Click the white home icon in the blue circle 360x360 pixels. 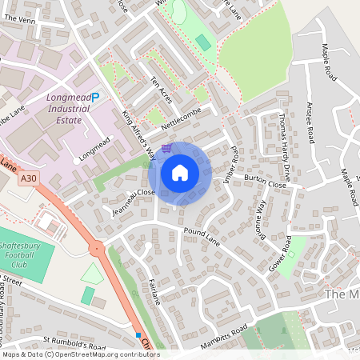click(x=180, y=172)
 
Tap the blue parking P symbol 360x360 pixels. click(x=95, y=98)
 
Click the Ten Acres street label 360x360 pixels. click(x=162, y=90)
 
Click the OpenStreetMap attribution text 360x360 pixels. click(x=80, y=354)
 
